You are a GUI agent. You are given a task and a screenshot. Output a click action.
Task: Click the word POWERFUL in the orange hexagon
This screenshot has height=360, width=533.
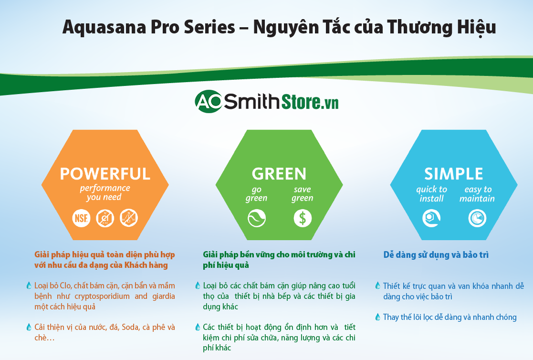[x=105, y=173]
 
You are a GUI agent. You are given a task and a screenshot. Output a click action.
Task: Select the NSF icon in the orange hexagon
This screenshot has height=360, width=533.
[x=81, y=218]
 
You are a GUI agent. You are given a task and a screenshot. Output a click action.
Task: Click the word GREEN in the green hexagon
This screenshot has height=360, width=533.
[x=279, y=173]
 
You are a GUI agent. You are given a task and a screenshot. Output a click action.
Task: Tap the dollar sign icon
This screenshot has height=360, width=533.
[x=302, y=219]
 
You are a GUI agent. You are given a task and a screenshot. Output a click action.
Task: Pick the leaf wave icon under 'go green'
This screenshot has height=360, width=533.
[x=256, y=219]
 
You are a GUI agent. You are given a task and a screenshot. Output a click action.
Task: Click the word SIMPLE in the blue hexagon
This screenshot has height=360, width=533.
[x=453, y=173]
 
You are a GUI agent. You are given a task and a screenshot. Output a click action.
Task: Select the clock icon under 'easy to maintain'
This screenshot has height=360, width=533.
[x=477, y=219]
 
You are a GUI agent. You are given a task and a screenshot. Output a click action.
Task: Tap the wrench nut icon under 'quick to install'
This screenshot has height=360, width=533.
[x=431, y=219]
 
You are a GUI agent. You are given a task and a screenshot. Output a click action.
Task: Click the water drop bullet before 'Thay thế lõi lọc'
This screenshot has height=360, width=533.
[x=378, y=317]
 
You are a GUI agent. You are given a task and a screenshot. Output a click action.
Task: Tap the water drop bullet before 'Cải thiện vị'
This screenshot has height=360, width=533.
[x=29, y=327]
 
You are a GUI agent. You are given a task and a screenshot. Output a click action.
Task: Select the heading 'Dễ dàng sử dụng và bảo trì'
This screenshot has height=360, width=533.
[x=436, y=255]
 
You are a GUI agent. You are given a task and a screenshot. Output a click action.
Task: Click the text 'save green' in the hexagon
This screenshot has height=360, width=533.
[x=302, y=194]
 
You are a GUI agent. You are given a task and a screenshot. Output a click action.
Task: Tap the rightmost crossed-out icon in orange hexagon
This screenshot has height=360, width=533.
[x=128, y=218]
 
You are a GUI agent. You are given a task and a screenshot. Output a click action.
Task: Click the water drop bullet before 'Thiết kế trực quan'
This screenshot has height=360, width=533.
[x=378, y=286]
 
